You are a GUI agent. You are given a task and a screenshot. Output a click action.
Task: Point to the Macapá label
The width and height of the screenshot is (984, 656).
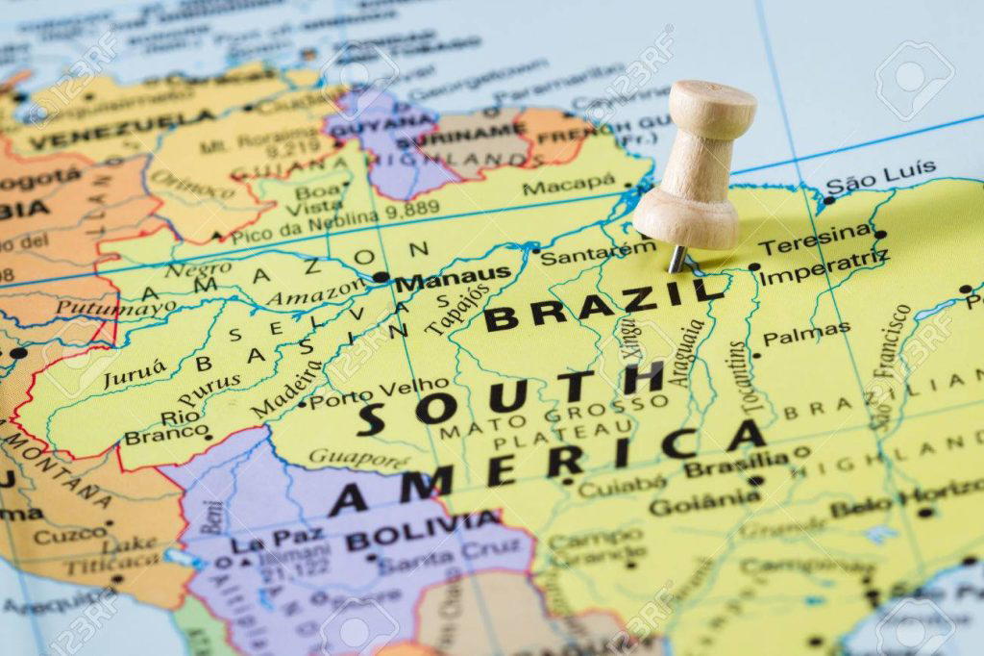(569, 183)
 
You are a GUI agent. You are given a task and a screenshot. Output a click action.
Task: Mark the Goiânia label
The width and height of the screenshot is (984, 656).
(704, 501)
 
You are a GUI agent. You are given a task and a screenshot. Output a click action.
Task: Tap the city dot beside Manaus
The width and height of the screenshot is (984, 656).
(381, 277)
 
